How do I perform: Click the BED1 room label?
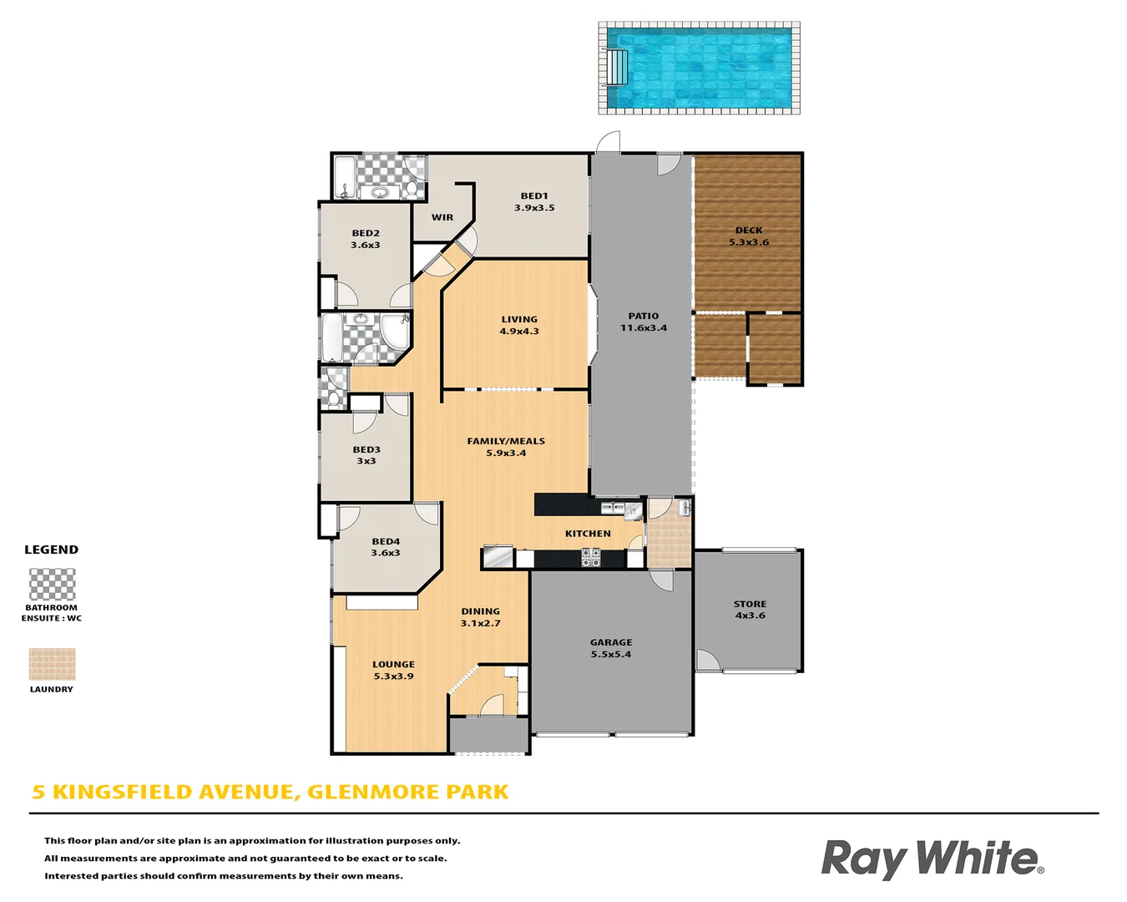tap(534, 196)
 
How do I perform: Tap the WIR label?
tap(442, 217)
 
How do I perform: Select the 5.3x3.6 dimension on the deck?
tap(749, 242)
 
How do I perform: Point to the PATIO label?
tap(644, 316)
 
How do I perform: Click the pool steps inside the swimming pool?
tap(617, 67)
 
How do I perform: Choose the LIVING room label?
tap(519, 319)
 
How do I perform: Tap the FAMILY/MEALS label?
tap(506, 441)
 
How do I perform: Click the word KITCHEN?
tap(588, 534)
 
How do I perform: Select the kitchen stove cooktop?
tap(591, 557)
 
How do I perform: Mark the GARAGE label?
tap(611, 642)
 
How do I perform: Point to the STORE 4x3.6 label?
tap(750, 610)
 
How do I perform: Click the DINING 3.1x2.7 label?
tap(481, 617)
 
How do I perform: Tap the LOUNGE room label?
tap(393, 665)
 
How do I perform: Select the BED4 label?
tap(386, 541)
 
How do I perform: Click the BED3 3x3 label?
tap(366, 455)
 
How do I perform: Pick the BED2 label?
tap(366, 234)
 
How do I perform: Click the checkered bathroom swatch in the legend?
tap(53, 585)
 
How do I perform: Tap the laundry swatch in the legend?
tap(52, 664)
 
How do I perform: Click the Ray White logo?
tap(932, 859)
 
